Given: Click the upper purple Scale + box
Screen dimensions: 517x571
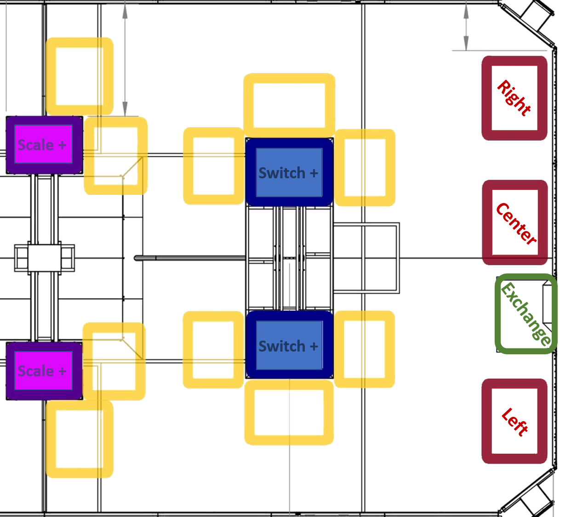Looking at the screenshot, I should [x=44, y=145].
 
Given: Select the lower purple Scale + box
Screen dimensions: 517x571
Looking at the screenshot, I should [x=44, y=370].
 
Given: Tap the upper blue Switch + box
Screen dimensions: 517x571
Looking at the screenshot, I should [x=289, y=172].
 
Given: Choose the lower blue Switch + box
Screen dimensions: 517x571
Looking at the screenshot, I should [x=289, y=345].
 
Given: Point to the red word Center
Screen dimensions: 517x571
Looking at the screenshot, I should [x=515, y=223].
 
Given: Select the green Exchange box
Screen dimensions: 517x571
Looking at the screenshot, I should [x=526, y=314].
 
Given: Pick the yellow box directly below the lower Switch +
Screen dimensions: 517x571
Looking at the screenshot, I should [x=289, y=412].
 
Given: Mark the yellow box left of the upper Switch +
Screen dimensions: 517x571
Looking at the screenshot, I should [x=213, y=166].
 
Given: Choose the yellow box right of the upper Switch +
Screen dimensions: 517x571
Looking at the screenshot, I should [x=365, y=168].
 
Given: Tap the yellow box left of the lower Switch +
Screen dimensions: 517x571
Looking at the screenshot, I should [x=213, y=350].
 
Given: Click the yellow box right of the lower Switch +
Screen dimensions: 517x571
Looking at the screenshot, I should [x=365, y=349].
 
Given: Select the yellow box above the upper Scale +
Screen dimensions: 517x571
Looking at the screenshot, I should [x=80, y=76].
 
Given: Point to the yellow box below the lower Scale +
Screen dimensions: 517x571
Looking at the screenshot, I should [x=80, y=439].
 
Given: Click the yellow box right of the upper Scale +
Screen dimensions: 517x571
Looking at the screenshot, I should [x=116, y=156].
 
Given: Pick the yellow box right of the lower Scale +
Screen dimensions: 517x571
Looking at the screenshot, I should [x=114, y=361].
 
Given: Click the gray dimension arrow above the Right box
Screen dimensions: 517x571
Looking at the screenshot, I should [x=466, y=28].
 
